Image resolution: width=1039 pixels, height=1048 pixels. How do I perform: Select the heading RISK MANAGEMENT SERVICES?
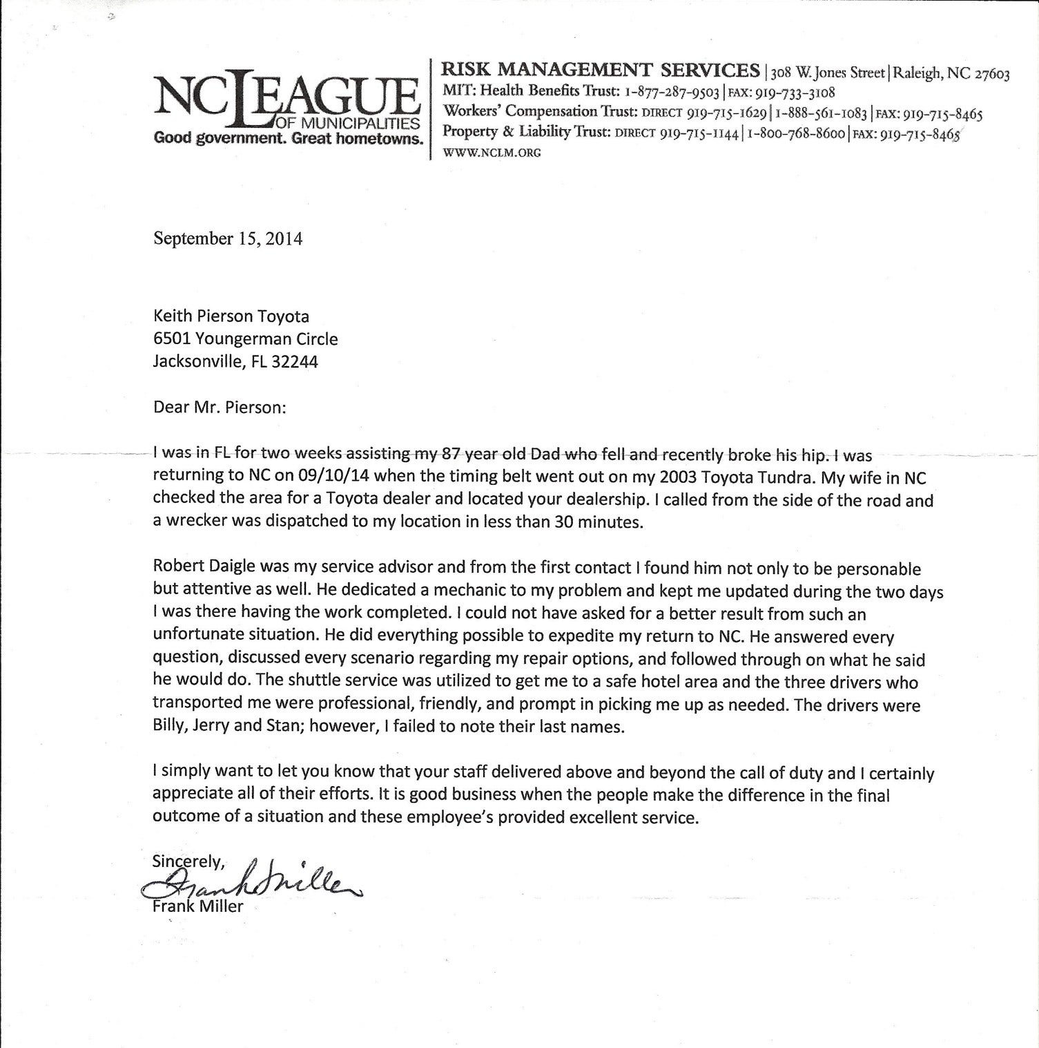pyautogui.click(x=601, y=70)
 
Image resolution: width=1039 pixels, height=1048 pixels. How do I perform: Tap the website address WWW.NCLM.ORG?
pyautogui.click(x=492, y=153)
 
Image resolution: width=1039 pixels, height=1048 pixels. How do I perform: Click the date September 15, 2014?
pyautogui.click(x=228, y=239)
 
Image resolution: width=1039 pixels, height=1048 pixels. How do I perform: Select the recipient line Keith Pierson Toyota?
pyautogui.click(x=231, y=316)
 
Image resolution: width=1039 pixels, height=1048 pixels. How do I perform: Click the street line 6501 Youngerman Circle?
pyautogui.click(x=245, y=339)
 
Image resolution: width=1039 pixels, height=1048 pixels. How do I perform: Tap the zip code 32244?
pyautogui.click(x=295, y=362)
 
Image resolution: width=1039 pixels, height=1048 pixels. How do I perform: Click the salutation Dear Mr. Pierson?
pyautogui.click(x=219, y=407)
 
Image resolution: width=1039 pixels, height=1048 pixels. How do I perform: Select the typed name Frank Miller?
pyautogui.click(x=197, y=906)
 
